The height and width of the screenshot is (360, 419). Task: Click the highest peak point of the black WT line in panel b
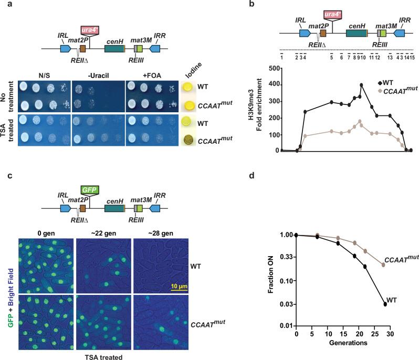pyautogui.click(x=361, y=85)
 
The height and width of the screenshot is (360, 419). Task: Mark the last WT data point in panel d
pyautogui.click(x=385, y=304)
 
